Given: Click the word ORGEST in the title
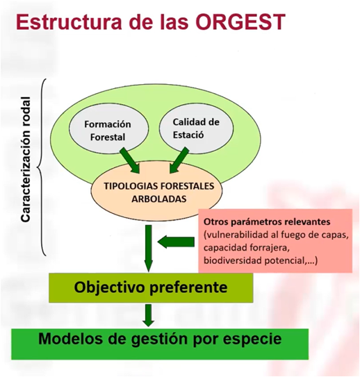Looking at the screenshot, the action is [242, 22].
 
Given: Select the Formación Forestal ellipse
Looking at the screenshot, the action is [109, 130].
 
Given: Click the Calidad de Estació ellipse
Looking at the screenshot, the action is [196, 128].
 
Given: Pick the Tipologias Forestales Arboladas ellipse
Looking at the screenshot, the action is [156, 192].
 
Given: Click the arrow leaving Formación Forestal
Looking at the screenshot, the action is [129, 160].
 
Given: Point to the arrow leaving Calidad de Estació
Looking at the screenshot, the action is [179, 160].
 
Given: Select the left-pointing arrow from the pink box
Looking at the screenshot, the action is [176, 242].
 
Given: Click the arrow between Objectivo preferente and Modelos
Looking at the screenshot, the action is [149, 315].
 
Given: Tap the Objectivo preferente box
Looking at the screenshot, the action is [151, 287].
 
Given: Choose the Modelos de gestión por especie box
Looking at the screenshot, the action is [160, 344].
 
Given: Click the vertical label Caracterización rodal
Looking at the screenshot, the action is [26, 160].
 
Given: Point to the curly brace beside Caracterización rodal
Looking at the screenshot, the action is [42, 167].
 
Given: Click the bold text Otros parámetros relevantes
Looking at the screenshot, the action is [267, 222].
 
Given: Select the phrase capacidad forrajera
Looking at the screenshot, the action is [245, 248].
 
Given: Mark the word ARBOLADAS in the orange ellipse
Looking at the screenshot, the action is [159, 199].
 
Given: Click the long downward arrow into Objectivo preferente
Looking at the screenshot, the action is [149, 249].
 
